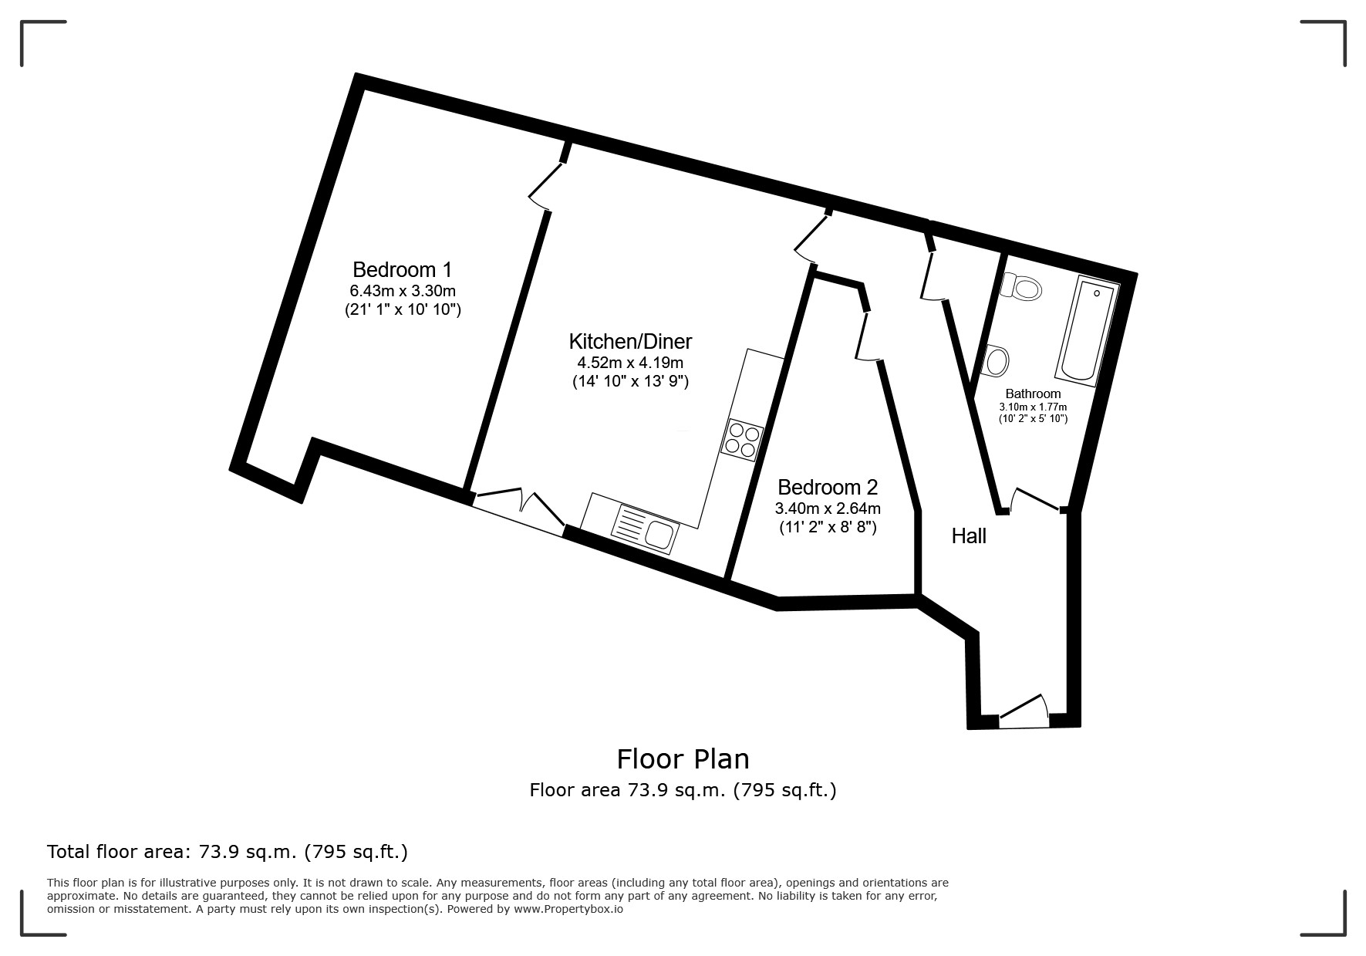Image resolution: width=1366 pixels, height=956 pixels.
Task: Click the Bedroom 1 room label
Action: [x=402, y=270]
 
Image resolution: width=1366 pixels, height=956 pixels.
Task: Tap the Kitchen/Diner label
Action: [x=630, y=341]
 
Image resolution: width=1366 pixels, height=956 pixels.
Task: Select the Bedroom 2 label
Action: [x=827, y=488]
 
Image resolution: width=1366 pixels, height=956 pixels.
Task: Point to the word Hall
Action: [x=968, y=536]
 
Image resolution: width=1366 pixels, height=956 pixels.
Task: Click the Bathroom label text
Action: [x=1033, y=394]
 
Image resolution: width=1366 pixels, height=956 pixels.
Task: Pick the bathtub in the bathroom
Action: [x=1088, y=332]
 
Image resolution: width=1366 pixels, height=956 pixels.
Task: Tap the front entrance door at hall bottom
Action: [x=1024, y=713]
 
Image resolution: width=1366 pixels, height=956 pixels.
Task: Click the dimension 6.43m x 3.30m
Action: [x=402, y=291]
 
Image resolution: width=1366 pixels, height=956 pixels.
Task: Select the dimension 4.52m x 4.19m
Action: [x=630, y=363]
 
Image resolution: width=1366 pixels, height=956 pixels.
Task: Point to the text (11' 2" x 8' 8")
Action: [x=827, y=528]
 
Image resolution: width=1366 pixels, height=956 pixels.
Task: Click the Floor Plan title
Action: [x=683, y=759]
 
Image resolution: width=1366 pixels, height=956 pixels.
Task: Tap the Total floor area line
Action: [x=227, y=852]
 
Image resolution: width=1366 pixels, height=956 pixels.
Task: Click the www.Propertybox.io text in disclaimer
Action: [x=568, y=909]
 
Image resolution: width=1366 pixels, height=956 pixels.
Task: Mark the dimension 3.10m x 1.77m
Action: [x=1033, y=407]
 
